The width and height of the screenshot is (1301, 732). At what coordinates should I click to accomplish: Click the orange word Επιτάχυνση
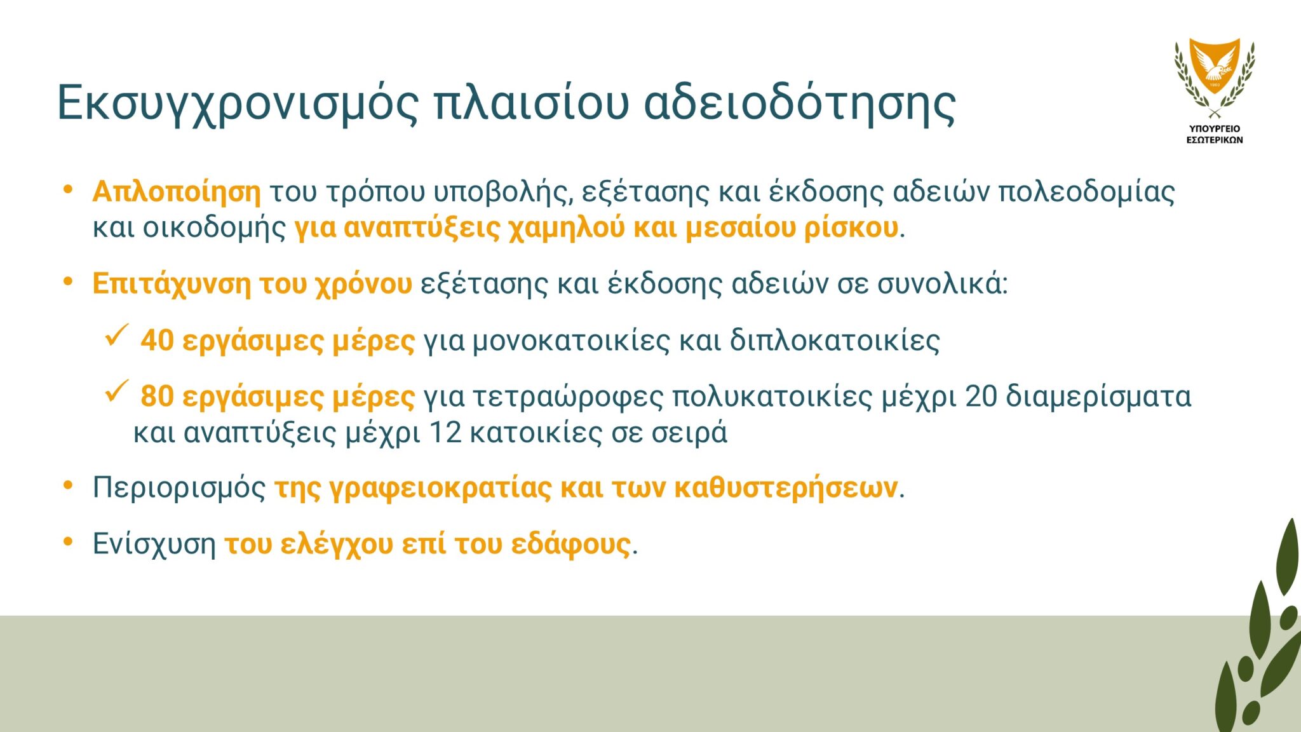tap(172, 284)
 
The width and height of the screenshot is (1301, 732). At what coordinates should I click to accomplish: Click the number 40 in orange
tap(157, 341)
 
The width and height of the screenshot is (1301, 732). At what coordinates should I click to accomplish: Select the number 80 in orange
tap(157, 396)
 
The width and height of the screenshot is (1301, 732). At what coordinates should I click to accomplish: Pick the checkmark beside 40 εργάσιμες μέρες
tap(117, 335)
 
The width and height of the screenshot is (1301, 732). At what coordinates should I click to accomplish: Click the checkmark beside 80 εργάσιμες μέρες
tap(117, 391)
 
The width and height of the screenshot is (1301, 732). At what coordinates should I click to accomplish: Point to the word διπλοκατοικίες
tap(835, 341)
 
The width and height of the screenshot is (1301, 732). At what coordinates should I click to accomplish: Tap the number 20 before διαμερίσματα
tap(981, 396)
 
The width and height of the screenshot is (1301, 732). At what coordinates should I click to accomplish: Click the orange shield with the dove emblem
tap(1215, 65)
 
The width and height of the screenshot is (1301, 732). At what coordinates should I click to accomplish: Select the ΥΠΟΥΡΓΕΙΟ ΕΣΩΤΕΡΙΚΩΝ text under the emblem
tap(1215, 134)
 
